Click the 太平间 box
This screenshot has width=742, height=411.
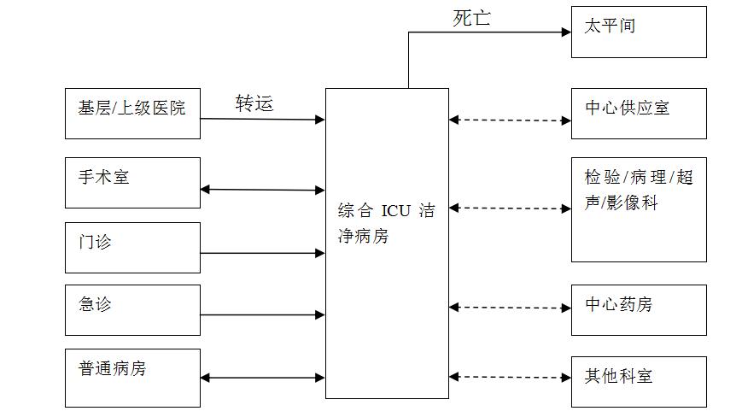[x=639, y=32]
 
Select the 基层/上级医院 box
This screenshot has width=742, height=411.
[x=132, y=114]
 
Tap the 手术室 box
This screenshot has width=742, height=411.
[x=132, y=183]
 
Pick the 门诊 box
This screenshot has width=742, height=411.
[x=132, y=248]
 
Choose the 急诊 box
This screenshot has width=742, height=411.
[x=132, y=310]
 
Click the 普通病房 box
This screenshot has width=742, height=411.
[x=132, y=378]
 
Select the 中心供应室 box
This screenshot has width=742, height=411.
[x=639, y=113]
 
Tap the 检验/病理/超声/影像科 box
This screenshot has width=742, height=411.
[x=639, y=209]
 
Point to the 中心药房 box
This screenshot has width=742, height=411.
[x=639, y=310]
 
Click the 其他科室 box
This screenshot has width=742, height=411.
[x=639, y=382]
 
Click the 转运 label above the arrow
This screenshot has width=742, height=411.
[x=254, y=103]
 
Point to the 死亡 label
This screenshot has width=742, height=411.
[x=471, y=18]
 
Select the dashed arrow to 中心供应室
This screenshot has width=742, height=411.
[x=510, y=120]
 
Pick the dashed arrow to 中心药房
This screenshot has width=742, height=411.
[x=510, y=308]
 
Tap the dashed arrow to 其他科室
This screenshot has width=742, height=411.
[x=510, y=377]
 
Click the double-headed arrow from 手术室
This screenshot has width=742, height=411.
[x=262, y=190]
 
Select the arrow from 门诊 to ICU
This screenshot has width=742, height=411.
[x=262, y=253]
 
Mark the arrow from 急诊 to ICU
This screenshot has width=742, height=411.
[x=262, y=314]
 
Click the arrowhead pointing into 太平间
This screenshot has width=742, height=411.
[x=566, y=32]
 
